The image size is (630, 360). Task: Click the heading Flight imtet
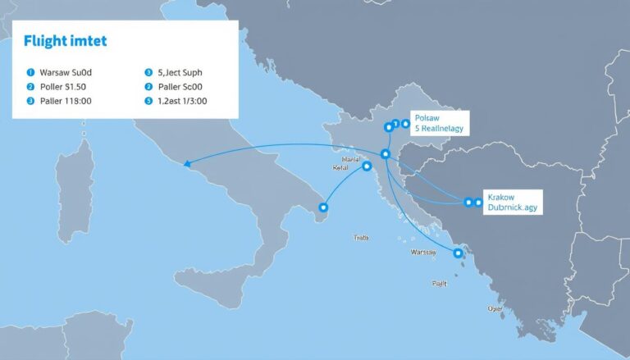60,40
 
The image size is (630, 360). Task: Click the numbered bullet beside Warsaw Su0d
30,72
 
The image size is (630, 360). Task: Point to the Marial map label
350,158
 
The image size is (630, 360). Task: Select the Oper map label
495,309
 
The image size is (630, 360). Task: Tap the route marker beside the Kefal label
366,166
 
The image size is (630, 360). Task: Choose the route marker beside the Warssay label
458,253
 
